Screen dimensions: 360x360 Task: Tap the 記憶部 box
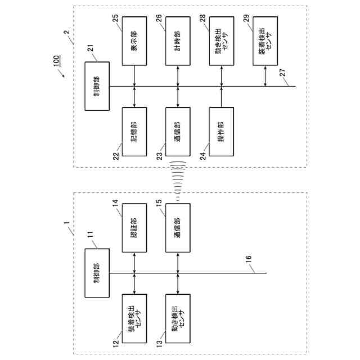click(134, 131)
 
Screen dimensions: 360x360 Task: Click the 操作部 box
click(221, 131)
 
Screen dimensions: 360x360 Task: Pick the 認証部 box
click(134, 227)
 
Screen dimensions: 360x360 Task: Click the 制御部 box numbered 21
click(96, 86)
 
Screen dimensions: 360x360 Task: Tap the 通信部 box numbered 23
click(178, 131)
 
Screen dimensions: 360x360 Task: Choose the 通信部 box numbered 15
click(178, 227)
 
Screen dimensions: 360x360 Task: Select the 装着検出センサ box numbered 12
click(134, 318)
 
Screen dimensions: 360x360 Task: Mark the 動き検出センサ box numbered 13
click(178, 318)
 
